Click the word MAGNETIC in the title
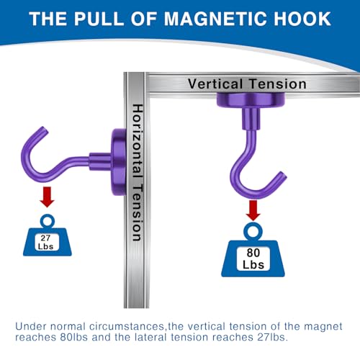point(209,19)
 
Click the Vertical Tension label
point(247,84)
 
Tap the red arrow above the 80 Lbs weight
point(253,210)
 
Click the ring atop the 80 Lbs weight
point(253,230)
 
